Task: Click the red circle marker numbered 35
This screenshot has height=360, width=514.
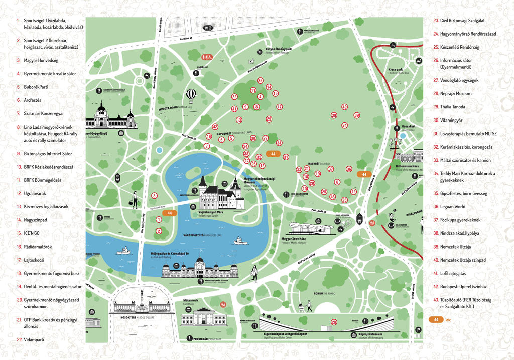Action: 260,80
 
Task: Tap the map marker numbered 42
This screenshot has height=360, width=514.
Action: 215,127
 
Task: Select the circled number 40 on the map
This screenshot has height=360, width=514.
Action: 344,107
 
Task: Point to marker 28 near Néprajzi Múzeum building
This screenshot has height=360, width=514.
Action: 334,322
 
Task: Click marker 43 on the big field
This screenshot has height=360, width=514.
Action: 332,197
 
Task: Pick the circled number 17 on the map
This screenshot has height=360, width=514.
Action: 279,107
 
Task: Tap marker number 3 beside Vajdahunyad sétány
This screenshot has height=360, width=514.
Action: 154,196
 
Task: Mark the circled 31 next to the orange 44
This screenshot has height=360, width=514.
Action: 286,157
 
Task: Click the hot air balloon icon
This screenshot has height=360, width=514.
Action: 191,94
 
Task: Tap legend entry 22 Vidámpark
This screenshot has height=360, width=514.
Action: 34,340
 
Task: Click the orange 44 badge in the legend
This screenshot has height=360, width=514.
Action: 436,319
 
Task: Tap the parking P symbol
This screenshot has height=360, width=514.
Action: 418,329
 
